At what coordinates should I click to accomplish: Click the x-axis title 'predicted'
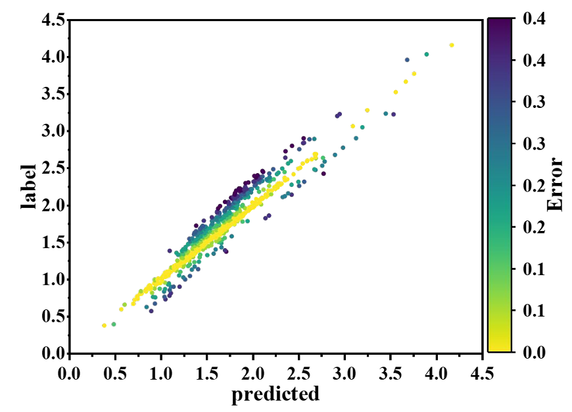[275, 394]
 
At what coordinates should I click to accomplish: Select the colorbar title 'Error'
[556, 186]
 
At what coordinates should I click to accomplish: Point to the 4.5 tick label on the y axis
[52, 20]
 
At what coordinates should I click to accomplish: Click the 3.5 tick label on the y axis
[52, 94]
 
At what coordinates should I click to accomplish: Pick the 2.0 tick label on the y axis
[52, 205]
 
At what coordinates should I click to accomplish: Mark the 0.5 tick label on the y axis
[52, 317]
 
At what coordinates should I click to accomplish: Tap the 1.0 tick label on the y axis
[52, 280]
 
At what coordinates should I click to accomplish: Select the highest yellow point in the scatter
[451, 45]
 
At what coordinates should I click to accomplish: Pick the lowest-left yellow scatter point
[104, 325]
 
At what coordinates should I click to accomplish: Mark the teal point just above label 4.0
[427, 54]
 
